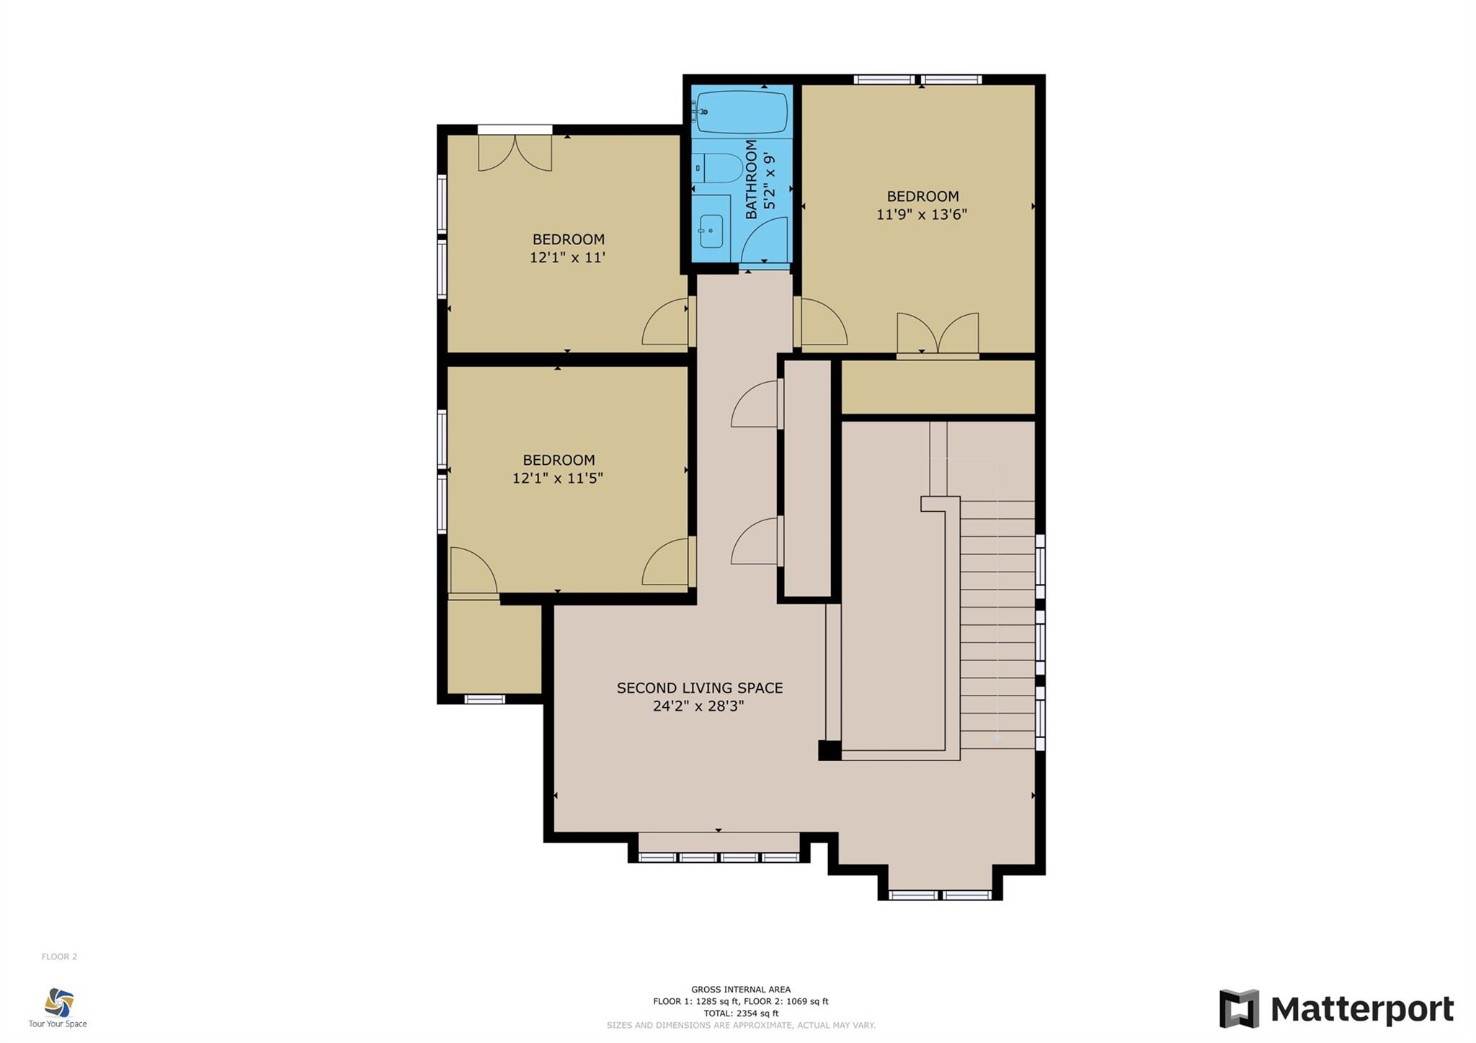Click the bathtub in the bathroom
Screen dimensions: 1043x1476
742,112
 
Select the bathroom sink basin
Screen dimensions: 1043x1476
711,231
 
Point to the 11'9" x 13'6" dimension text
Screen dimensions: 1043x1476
921,214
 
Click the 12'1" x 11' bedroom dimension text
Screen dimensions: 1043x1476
567,257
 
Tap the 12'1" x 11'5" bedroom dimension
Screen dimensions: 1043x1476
557,478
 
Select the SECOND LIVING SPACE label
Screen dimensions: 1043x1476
699,688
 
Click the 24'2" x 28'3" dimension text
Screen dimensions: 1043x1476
698,706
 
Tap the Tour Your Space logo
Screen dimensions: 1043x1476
58,1007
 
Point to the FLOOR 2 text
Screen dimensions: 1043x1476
59,957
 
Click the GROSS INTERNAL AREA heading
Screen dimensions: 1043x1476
740,989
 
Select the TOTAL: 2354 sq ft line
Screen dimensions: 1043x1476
740,1013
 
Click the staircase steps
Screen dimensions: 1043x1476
997,623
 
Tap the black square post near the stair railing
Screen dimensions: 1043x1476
829,750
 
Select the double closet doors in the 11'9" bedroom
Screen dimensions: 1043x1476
937,334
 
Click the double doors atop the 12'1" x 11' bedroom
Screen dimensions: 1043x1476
515,152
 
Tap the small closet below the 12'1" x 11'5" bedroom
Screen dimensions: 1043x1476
494,647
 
